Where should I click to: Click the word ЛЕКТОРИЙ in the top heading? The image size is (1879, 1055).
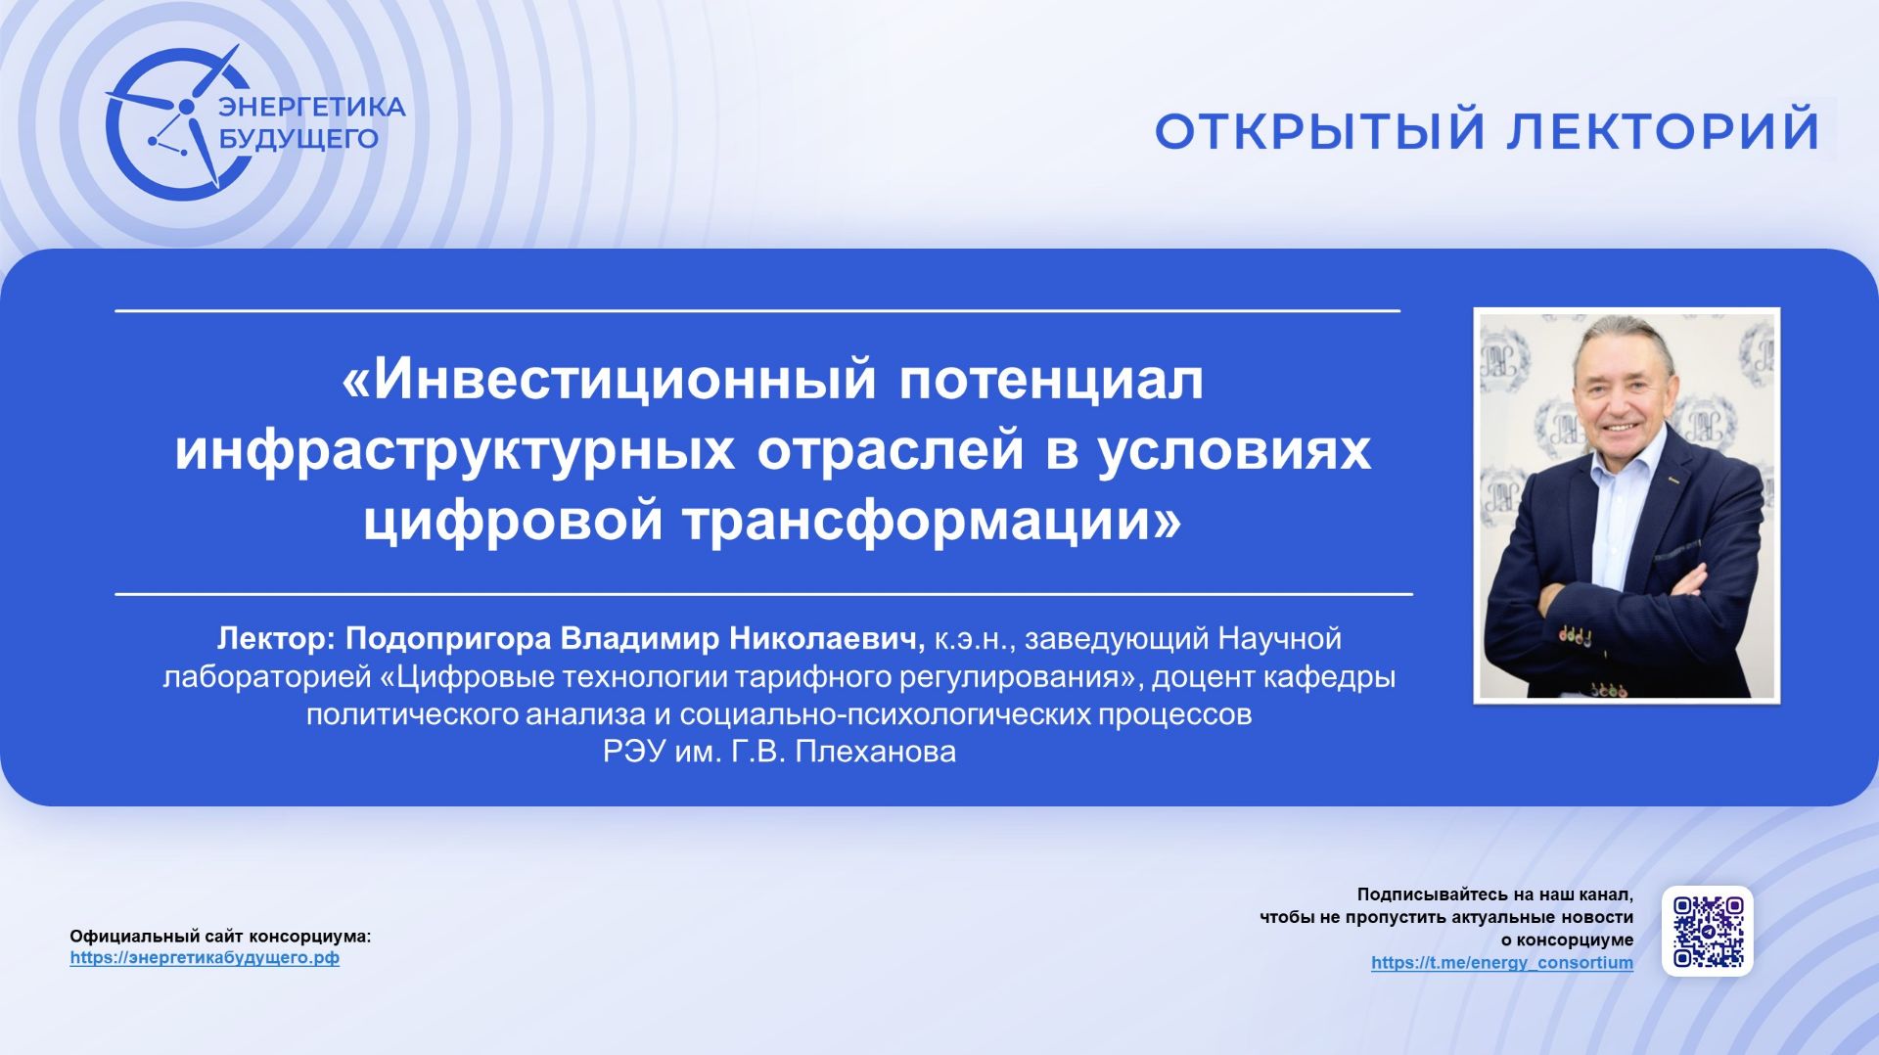[1663, 131]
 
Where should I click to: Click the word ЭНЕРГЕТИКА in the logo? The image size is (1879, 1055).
[311, 107]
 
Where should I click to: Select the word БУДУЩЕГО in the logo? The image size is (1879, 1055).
[298, 139]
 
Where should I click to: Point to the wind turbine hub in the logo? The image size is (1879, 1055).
[186, 107]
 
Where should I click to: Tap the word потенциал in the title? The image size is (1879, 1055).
[1051, 380]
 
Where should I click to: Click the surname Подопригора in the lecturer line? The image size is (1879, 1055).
[448, 639]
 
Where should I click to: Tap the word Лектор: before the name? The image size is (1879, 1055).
[276, 639]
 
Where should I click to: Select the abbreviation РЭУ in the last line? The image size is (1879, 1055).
[634, 752]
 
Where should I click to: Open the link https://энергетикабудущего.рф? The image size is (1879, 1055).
[205, 958]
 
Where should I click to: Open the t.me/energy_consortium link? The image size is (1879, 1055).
[1501, 963]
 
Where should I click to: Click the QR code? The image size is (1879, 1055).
[1708, 931]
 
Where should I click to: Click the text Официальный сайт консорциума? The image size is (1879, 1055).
[220, 937]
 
